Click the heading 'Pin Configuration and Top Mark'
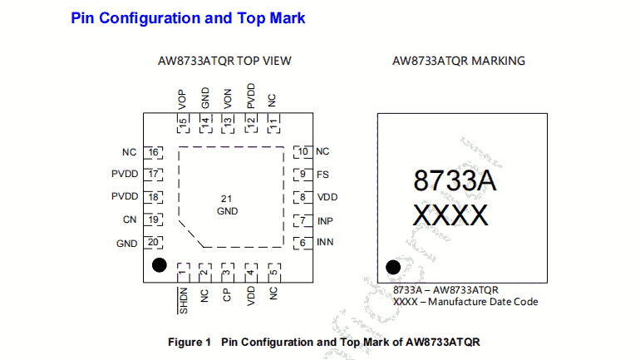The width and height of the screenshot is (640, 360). click(188, 17)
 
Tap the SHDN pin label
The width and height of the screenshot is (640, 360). click(182, 299)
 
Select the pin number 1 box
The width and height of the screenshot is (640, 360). click(182, 272)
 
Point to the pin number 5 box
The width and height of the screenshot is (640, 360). click(273, 272)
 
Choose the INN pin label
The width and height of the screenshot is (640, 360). click(325, 243)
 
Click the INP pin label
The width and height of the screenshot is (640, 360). click(325, 221)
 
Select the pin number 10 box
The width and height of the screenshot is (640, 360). click(303, 152)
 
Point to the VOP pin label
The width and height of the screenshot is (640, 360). click(182, 99)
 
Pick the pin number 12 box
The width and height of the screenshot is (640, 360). click(250, 121)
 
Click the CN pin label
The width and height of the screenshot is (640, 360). click(129, 220)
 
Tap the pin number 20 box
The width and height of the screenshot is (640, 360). click(152, 243)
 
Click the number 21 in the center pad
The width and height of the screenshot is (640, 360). click(227, 199)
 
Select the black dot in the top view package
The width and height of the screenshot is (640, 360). click(157, 265)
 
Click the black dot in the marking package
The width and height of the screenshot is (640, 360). click(393, 267)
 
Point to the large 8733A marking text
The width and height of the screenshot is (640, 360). click(455, 180)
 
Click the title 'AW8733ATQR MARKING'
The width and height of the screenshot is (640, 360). click(458, 61)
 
